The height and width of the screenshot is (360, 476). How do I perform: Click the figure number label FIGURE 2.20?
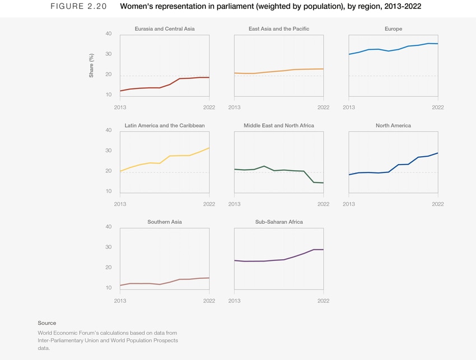click(x=74, y=7)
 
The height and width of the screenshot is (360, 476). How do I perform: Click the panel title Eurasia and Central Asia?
click(x=165, y=29)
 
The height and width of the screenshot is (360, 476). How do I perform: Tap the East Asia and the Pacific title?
click(x=278, y=29)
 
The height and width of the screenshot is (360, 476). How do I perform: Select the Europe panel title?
click(x=393, y=29)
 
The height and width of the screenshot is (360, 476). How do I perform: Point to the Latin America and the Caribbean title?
click(x=165, y=125)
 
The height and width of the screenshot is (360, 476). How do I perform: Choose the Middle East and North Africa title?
click(x=278, y=125)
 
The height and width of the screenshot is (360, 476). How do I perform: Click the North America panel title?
click(x=393, y=125)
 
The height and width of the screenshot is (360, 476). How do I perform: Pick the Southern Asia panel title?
click(x=165, y=222)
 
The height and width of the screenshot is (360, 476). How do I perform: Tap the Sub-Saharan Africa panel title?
click(x=278, y=222)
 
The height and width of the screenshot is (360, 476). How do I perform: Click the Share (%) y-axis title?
click(x=91, y=66)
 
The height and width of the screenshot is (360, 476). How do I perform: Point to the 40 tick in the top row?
click(x=109, y=34)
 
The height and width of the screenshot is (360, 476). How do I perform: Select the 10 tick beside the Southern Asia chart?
click(x=109, y=288)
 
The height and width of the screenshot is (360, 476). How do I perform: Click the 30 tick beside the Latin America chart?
click(x=109, y=151)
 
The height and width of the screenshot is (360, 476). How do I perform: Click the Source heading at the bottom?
click(x=47, y=323)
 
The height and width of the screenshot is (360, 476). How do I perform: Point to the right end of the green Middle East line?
click(x=323, y=183)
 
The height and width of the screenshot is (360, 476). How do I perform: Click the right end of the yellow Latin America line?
click(x=209, y=148)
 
